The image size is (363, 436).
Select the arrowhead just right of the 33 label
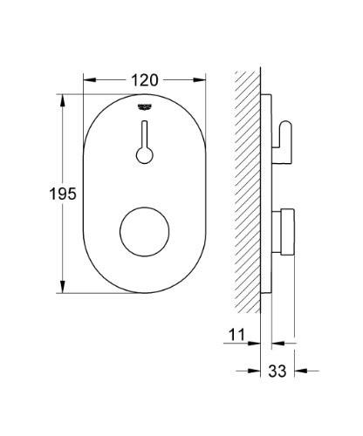tap(298, 370)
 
